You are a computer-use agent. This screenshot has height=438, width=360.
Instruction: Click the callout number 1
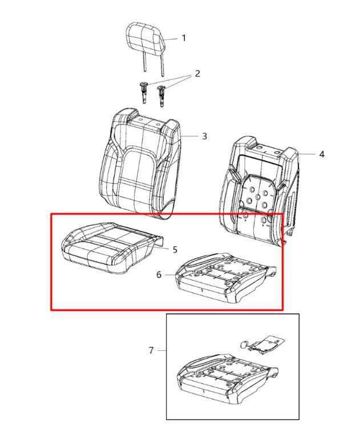click(x=184, y=38)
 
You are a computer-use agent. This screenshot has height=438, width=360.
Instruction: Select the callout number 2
click(x=197, y=74)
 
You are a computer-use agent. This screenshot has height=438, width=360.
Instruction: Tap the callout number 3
click(x=204, y=136)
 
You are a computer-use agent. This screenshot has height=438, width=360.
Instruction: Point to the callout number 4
click(x=322, y=154)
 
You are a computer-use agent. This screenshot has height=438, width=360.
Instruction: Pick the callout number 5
click(x=175, y=249)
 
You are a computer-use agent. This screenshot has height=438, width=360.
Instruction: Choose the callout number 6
click(x=159, y=275)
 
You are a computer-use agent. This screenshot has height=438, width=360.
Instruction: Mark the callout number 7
click(x=151, y=350)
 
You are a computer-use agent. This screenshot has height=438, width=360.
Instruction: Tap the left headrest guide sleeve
click(x=143, y=92)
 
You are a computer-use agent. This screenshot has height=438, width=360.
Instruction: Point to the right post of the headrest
click(x=162, y=64)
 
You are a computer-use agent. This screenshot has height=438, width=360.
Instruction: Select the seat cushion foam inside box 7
click(x=228, y=379)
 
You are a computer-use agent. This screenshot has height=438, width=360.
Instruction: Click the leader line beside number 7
click(x=161, y=350)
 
